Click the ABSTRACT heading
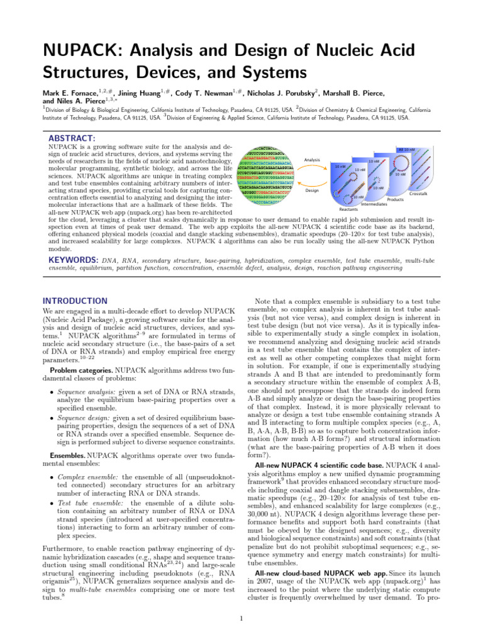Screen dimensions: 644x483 [72, 138]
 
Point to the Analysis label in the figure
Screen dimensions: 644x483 [313, 160]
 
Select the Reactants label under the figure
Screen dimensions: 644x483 [348, 209]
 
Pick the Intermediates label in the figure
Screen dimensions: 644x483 [374, 204]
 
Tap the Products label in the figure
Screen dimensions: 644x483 [395, 199]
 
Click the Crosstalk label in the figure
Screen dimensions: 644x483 [419, 194]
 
